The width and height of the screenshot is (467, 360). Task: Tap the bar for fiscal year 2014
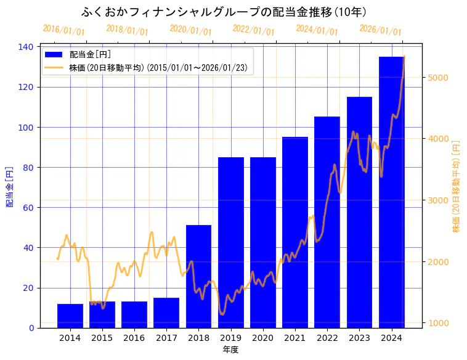70,316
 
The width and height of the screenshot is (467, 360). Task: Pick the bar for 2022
327,222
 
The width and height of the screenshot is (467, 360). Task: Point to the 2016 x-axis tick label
134,338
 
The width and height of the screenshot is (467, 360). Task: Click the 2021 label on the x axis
295,338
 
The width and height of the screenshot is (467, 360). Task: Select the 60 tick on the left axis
28,208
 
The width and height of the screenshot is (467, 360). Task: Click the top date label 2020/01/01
190,30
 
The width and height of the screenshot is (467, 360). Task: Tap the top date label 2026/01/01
380,30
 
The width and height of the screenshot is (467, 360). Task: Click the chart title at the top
224,12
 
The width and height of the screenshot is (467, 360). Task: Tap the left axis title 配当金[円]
10,186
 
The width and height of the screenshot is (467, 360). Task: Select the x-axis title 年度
230,350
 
